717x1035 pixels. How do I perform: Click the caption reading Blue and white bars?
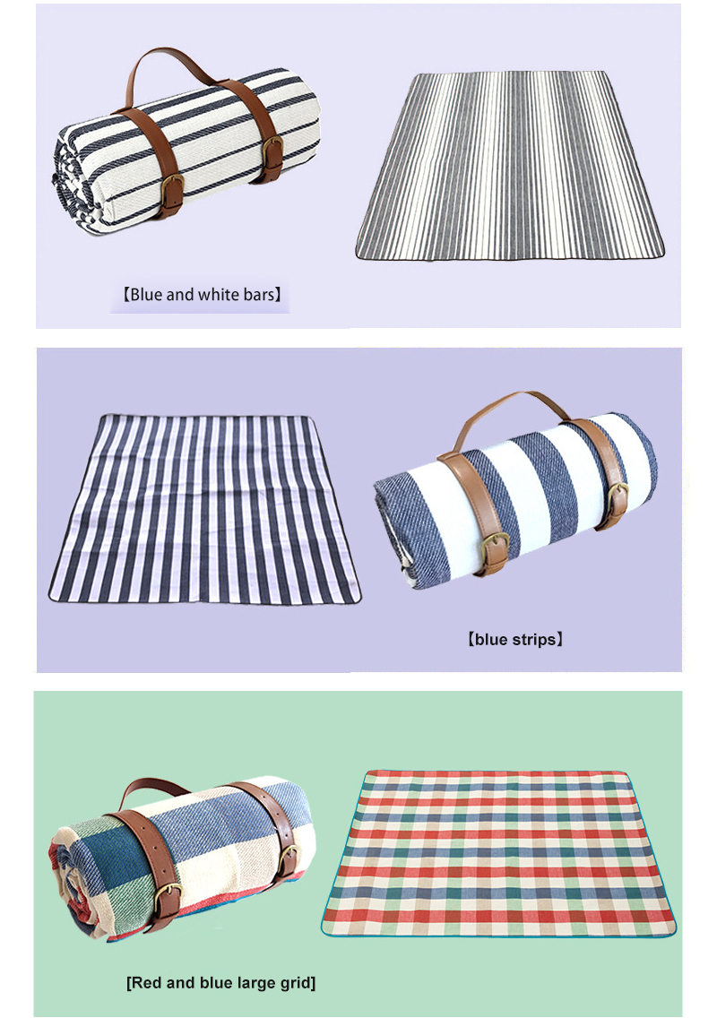202,293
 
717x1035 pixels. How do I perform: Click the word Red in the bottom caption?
146,983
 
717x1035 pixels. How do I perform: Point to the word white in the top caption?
217,293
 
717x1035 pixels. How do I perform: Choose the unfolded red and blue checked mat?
497,851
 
